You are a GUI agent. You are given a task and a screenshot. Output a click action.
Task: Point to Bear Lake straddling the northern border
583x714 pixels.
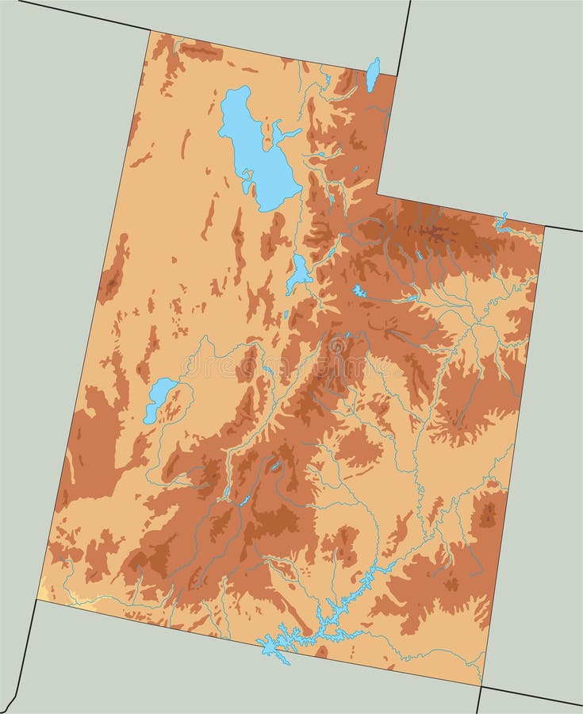point(371,73)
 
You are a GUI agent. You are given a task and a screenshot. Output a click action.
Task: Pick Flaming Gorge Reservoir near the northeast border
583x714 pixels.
point(501,221)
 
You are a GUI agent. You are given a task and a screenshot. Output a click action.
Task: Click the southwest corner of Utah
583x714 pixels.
point(37,600)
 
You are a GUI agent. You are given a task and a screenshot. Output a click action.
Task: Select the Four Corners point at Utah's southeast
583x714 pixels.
point(481,685)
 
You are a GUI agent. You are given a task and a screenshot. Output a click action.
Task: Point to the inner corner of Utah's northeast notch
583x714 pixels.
point(377,194)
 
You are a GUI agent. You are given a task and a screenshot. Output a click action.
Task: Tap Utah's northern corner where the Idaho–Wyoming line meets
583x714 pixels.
point(397,75)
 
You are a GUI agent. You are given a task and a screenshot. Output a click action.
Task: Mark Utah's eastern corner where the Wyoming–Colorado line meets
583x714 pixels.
point(545,226)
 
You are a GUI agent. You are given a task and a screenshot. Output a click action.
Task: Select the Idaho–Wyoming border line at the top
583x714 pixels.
point(405,36)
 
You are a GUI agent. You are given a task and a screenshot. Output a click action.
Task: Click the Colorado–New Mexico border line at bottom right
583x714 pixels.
point(531,696)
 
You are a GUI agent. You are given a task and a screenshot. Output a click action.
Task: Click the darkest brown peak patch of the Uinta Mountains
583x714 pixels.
point(435,232)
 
